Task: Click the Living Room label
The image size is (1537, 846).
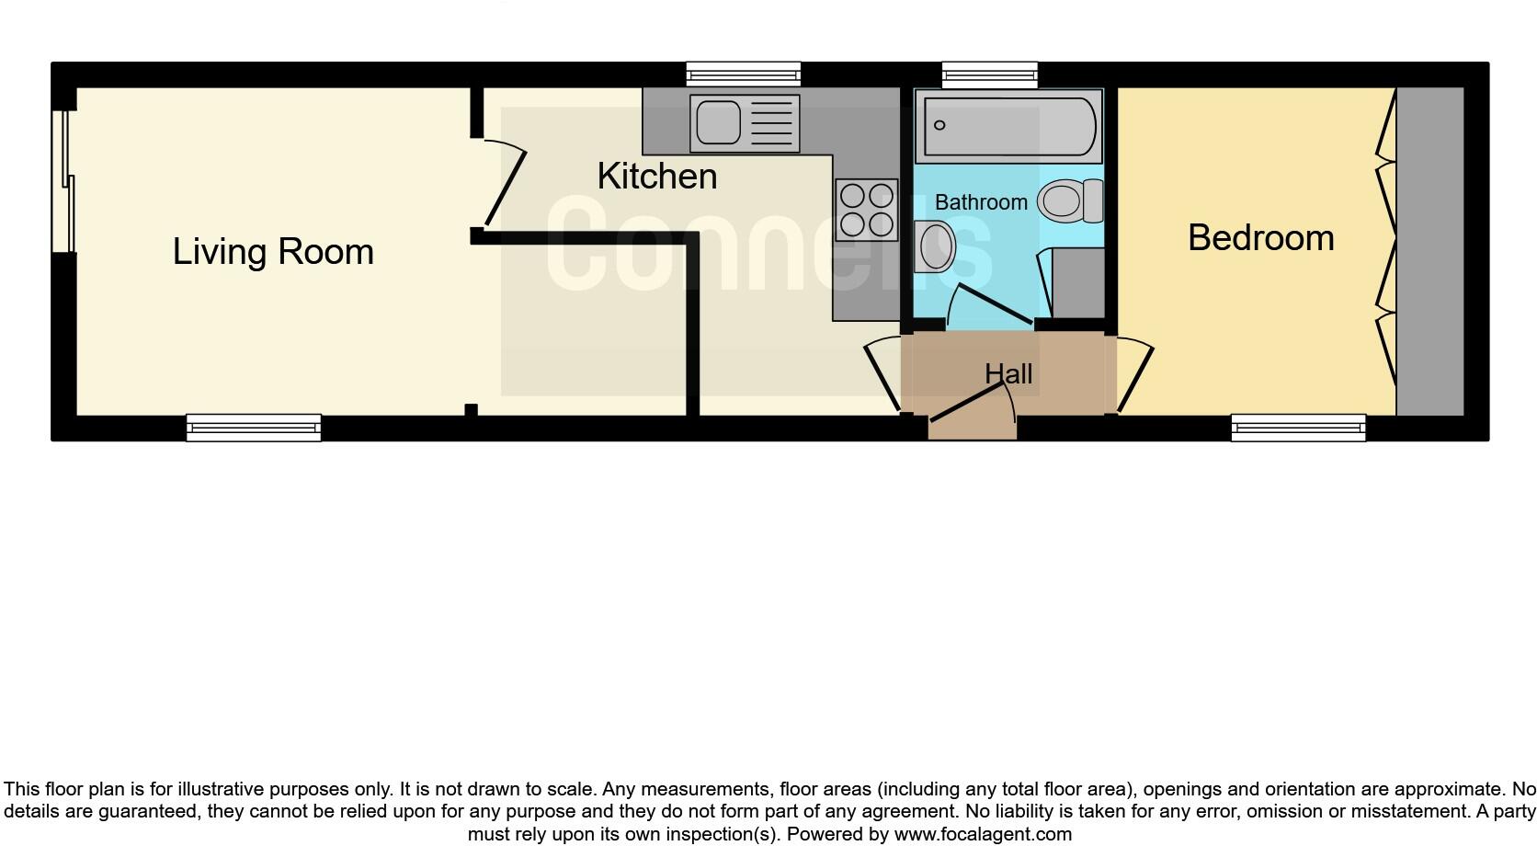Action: point(273,252)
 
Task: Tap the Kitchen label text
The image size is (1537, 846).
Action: point(656,177)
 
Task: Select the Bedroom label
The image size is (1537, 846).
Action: point(1260,238)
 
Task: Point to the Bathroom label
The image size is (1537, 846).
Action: point(981,202)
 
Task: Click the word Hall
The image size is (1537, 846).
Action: point(1008,374)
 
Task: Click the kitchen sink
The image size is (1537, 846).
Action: point(744,123)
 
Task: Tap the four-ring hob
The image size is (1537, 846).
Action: point(866,210)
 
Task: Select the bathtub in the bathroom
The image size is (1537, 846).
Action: point(1008,126)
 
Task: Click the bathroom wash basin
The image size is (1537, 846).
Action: point(936,246)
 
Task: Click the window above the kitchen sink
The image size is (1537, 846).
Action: point(744,74)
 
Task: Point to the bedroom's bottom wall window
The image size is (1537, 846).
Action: point(1298,428)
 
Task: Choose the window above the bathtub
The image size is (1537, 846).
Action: point(990,74)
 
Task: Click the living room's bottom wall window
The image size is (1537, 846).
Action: point(254,428)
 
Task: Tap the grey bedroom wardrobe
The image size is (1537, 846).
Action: point(1429,251)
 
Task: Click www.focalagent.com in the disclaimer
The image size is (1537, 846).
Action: point(983,834)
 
